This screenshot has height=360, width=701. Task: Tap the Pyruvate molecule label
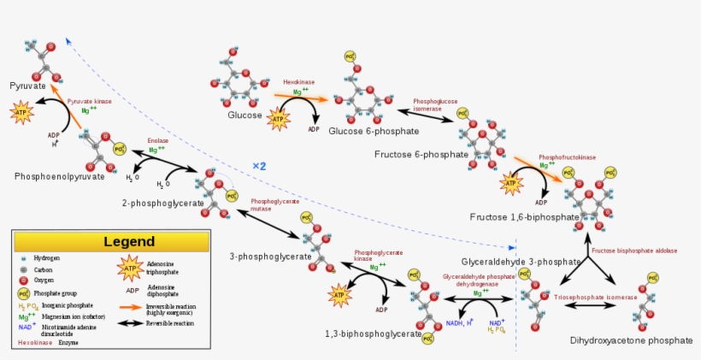point(29,86)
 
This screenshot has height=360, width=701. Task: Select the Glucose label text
point(244,115)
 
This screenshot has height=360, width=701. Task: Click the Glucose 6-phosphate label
point(374,131)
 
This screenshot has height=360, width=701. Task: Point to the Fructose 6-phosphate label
point(421,155)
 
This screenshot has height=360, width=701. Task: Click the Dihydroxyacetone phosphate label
point(631,340)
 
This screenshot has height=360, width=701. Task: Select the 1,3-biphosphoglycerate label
point(373,333)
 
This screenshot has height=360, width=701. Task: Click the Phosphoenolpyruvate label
point(59,176)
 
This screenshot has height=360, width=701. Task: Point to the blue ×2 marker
point(259,166)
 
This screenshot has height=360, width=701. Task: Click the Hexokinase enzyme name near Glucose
point(299,82)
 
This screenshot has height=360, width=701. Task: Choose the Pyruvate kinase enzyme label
point(90,101)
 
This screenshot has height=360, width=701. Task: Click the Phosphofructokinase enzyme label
point(567,157)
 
